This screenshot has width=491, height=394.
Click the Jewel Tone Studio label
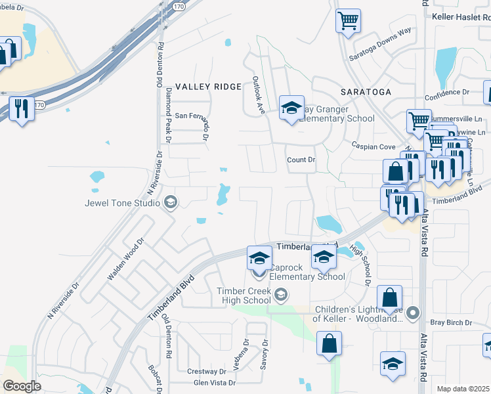coord(122,203)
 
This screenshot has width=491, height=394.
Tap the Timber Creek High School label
coord(244,295)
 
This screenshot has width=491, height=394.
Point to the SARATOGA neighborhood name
coord(366,91)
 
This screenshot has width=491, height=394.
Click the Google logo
coord(22,386)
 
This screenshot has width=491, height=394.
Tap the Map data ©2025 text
coord(463,389)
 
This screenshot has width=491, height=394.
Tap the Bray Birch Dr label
coord(451,322)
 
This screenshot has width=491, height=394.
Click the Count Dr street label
coord(301,160)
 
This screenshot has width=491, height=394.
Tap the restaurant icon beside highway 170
coord(22,109)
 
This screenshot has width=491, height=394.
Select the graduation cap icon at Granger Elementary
coord(291,108)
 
